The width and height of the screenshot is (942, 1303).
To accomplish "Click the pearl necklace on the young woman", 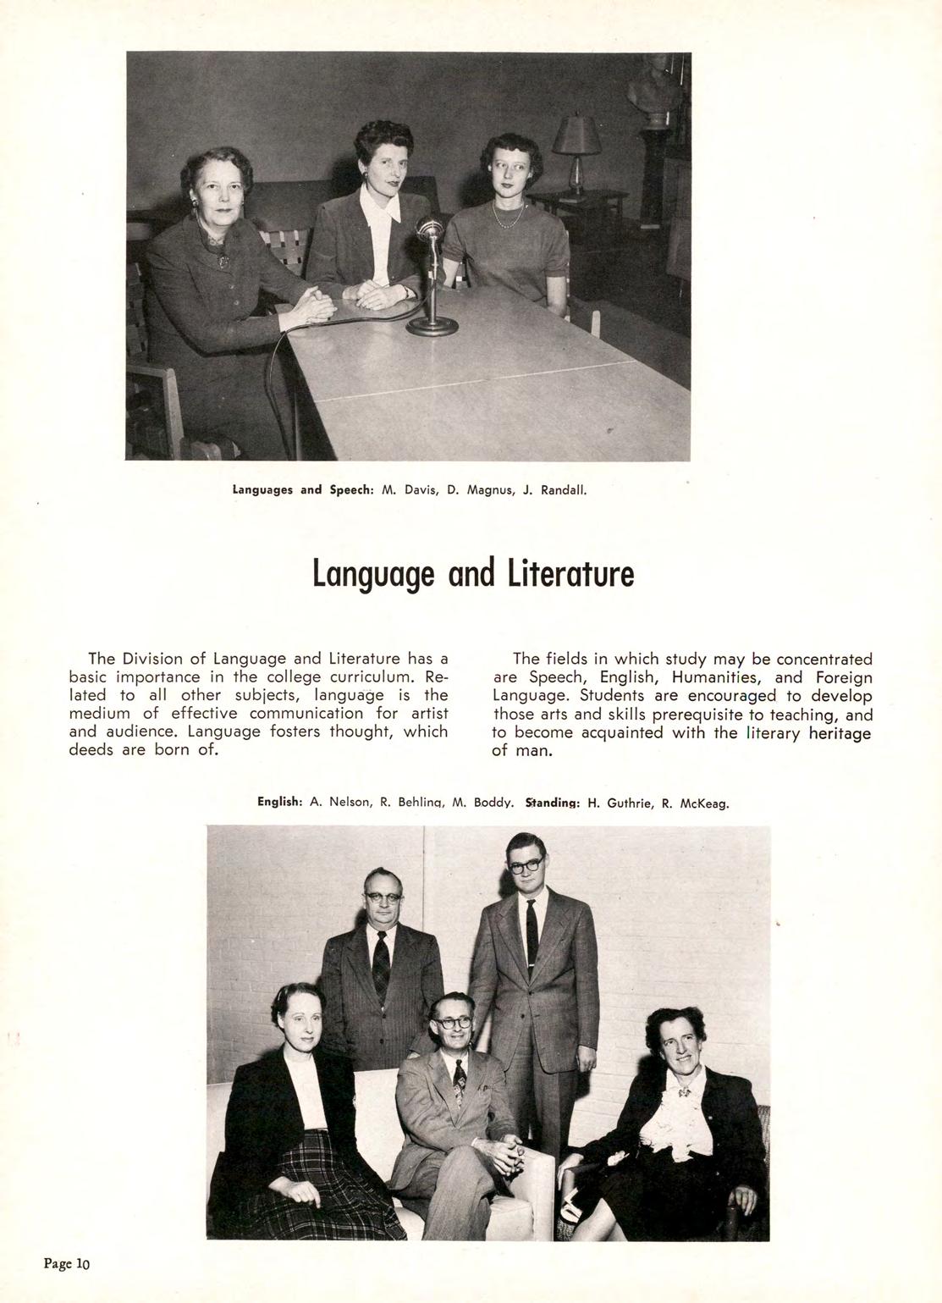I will tap(507, 215).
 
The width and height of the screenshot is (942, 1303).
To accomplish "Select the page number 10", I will tap(82, 1264).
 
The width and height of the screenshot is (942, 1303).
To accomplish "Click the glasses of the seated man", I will tap(454, 1022).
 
